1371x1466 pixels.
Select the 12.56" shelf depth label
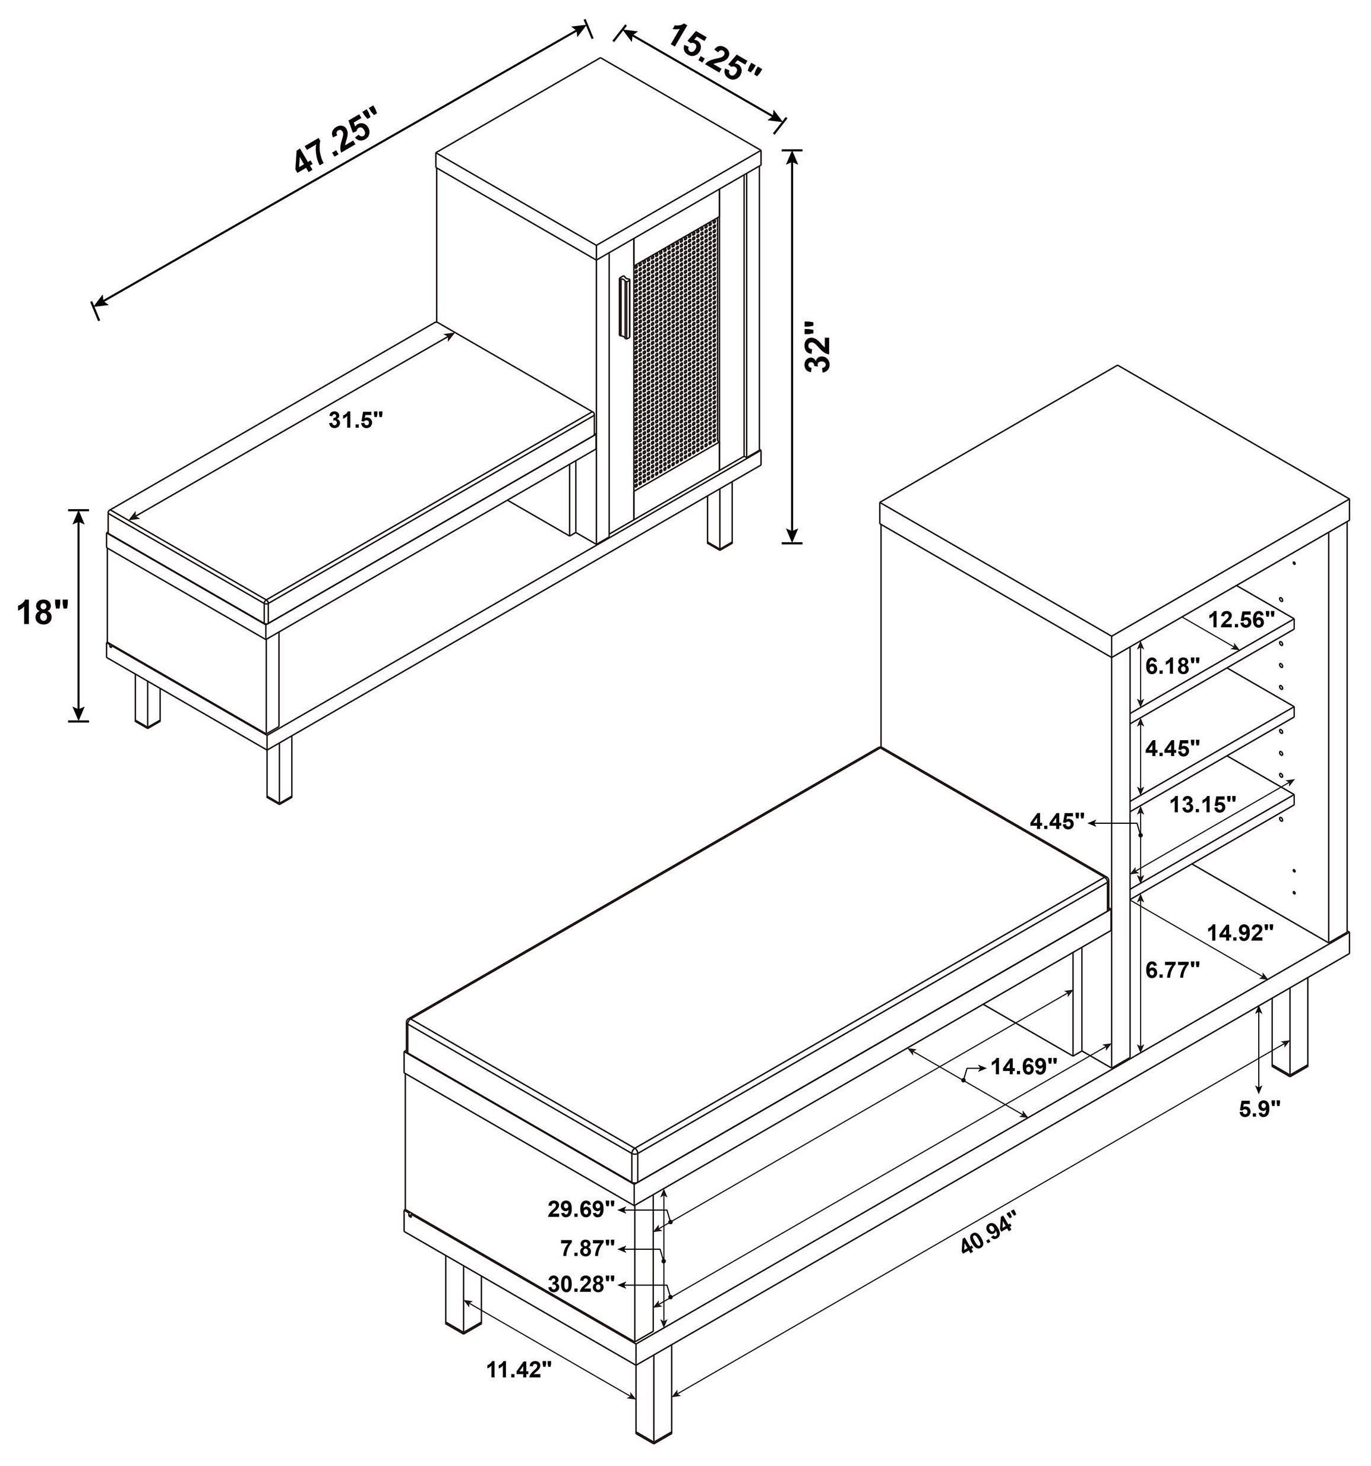[1241, 619]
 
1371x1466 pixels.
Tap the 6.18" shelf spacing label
[1173, 666]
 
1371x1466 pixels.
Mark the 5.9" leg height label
[1260, 1129]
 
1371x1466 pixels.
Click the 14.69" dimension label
[1023, 1066]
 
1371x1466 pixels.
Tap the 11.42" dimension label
[519, 1370]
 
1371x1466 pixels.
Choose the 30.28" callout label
[581, 1305]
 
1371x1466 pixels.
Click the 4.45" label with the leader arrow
[1057, 822]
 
